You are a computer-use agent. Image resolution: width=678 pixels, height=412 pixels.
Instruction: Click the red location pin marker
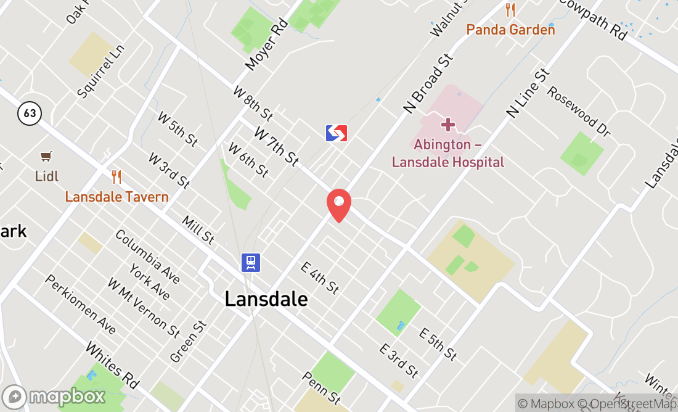pos(338,205)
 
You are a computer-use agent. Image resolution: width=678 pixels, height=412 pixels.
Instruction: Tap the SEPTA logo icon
pos(337,133)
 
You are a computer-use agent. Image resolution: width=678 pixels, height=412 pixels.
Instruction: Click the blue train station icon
pos(251,263)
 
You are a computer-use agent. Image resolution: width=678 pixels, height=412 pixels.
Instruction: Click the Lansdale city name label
pos(266,299)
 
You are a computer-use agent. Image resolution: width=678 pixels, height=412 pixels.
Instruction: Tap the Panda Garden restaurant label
pos(510,30)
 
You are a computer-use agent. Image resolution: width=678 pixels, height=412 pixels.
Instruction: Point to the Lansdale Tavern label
pos(116,197)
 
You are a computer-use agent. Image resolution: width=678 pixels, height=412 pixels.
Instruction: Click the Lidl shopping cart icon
pos(46,157)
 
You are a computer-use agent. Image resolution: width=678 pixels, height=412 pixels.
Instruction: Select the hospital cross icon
pos(448,125)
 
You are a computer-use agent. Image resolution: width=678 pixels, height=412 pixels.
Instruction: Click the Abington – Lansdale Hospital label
pos(448,154)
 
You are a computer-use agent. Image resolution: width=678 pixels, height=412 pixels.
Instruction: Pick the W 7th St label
pos(277,147)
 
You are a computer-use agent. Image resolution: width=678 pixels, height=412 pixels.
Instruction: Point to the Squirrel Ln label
pos(101,71)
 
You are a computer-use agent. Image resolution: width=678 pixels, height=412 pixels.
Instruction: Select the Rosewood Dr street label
pos(579,112)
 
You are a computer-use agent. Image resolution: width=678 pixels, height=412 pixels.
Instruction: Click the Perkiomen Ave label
pos(80,304)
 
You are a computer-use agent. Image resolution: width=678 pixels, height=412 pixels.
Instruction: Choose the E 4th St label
pos(320,277)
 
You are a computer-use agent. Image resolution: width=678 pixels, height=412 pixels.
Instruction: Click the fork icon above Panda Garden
pos(510,10)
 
